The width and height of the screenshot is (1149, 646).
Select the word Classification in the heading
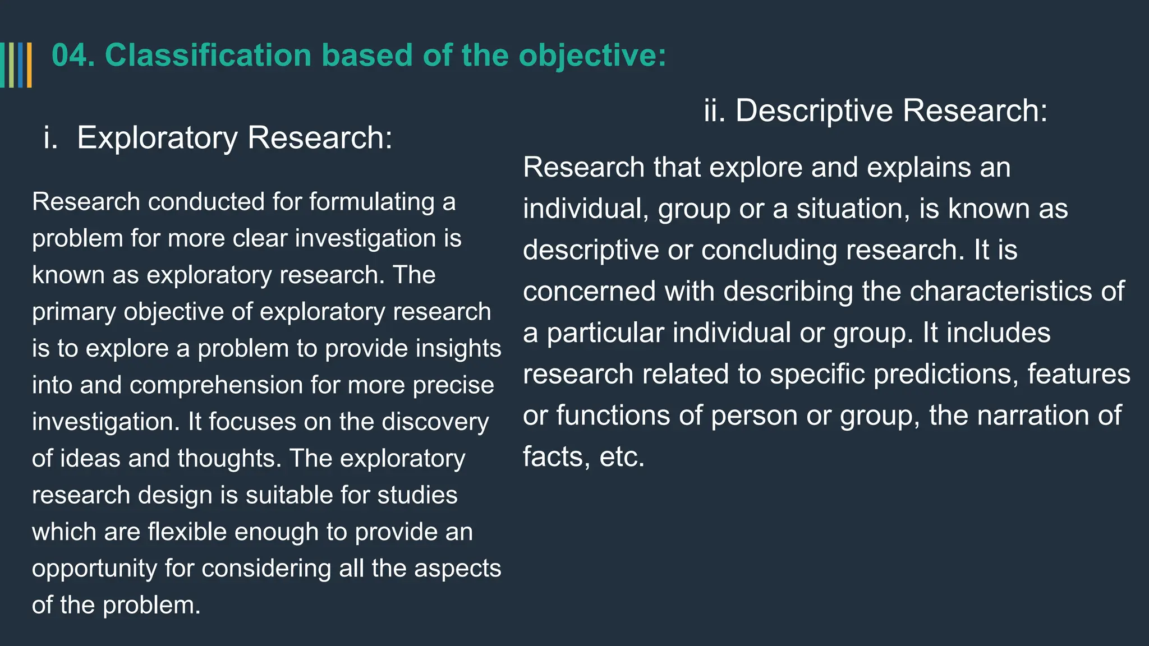click(208, 56)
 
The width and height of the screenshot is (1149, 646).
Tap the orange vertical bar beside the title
click(29, 65)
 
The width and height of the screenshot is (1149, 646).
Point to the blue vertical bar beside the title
click(21, 65)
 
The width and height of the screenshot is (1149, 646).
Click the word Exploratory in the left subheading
click(157, 138)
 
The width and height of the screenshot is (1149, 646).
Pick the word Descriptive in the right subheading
click(814, 110)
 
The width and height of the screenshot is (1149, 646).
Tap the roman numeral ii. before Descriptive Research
click(715, 110)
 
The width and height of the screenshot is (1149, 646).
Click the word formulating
click(371, 202)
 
